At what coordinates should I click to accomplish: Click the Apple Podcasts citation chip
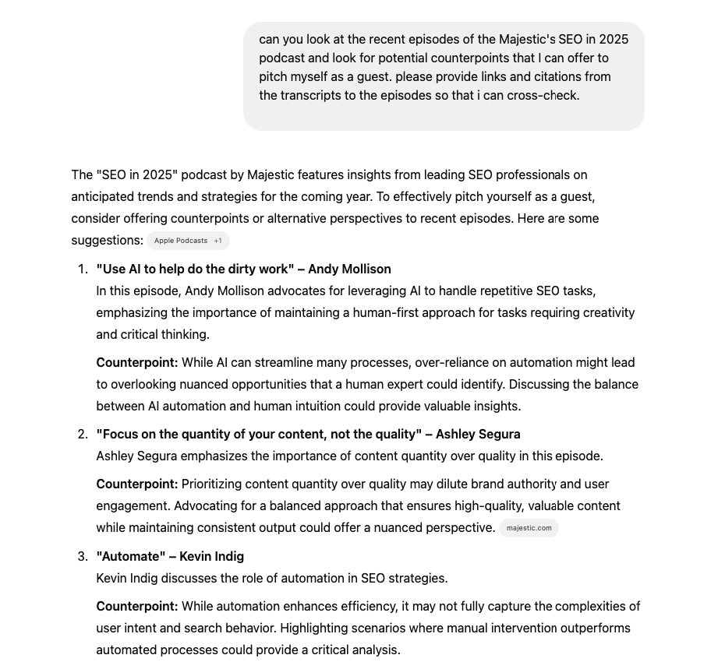(188, 241)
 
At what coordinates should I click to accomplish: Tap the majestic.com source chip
(529, 528)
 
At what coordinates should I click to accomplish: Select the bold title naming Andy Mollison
(243, 269)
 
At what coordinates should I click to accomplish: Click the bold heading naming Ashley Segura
(308, 435)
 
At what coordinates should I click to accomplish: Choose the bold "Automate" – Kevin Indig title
(170, 557)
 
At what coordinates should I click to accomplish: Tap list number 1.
(83, 269)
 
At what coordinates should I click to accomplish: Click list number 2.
(83, 435)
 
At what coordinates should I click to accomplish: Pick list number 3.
(83, 557)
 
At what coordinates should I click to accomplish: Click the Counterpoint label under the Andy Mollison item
(136, 363)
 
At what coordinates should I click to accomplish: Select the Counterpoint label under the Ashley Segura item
(136, 484)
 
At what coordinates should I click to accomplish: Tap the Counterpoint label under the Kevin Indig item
(136, 607)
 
